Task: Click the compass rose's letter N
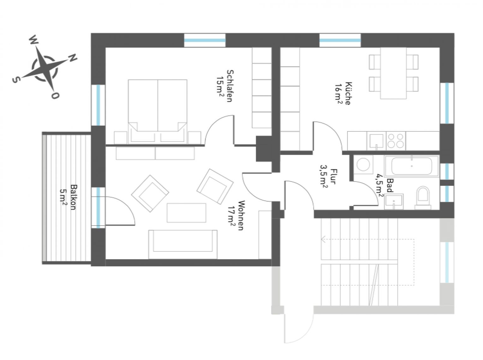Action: pyautogui.click(x=73, y=58)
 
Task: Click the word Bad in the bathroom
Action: pyautogui.click(x=390, y=186)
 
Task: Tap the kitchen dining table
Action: pyautogui.click(x=393, y=73)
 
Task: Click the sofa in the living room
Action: pyautogui.click(x=182, y=244)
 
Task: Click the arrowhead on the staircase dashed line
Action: pyautogui.click(x=323, y=239)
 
